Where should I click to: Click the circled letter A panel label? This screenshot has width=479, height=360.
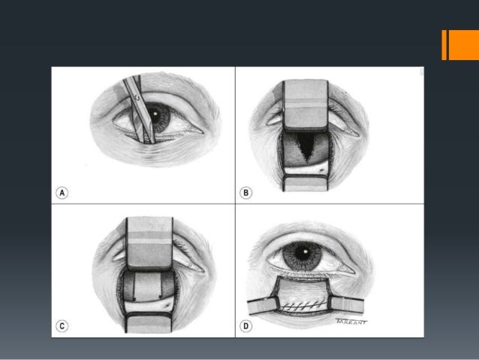pyautogui.click(x=62, y=192)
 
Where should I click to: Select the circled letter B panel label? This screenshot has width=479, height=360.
pyautogui.click(x=247, y=192)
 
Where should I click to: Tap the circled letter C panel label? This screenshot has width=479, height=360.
pyautogui.click(x=62, y=327)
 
